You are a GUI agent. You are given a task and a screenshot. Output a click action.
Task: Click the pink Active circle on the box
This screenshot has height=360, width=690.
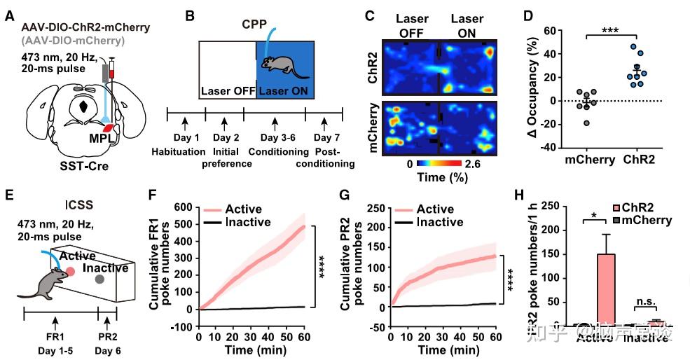[x=69, y=270]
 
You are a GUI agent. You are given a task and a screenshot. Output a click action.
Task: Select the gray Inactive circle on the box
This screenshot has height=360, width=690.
[x=100, y=279]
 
